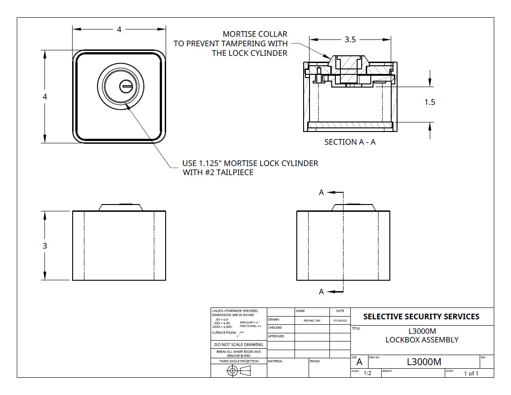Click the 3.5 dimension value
click(x=350, y=39)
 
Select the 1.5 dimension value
click(x=429, y=102)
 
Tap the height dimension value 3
click(x=45, y=246)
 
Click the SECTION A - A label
click(x=350, y=142)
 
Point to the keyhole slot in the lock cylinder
click(x=126, y=85)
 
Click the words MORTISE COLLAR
click(x=255, y=34)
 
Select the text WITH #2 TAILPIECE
click(x=218, y=172)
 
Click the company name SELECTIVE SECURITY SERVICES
click(x=421, y=316)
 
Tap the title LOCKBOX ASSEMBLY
click(x=422, y=340)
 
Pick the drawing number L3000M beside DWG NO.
click(x=424, y=361)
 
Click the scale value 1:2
click(x=368, y=373)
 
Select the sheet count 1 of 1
click(x=471, y=373)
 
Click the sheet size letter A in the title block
click(x=359, y=362)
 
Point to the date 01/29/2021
click(x=339, y=320)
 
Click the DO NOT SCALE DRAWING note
click(x=239, y=345)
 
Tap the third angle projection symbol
click(x=239, y=371)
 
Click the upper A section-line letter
click(x=321, y=192)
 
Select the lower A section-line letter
click(x=321, y=292)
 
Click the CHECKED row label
click(x=275, y=327)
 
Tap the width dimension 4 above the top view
click(x=119, y=29)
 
